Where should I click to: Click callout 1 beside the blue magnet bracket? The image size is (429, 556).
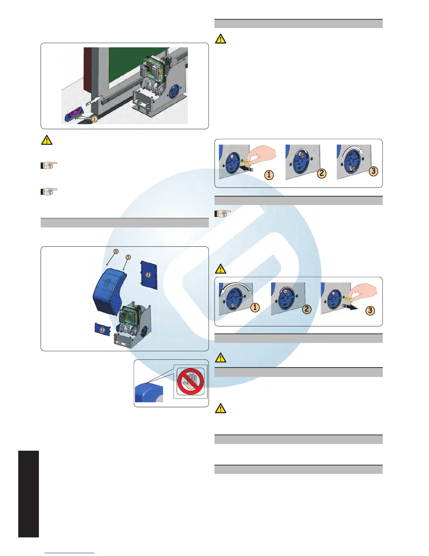tap(94, 119)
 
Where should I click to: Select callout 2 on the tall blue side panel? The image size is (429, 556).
tap(148, 275)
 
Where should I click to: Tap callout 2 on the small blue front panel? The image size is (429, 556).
tap(102, 330)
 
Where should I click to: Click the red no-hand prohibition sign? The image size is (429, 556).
tap(190, 382)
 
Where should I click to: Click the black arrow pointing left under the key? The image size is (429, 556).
tap(248, 170)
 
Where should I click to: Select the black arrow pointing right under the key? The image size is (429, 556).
tap(350, 307)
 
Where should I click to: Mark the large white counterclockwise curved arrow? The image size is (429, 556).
tap(234, 289)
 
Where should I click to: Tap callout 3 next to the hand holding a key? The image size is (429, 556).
tap(370, 311)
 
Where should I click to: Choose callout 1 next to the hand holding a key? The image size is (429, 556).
tap(269, 174)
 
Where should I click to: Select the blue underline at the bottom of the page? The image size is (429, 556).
tap(70, 553)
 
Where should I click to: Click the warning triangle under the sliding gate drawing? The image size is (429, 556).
tap(47, 140)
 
